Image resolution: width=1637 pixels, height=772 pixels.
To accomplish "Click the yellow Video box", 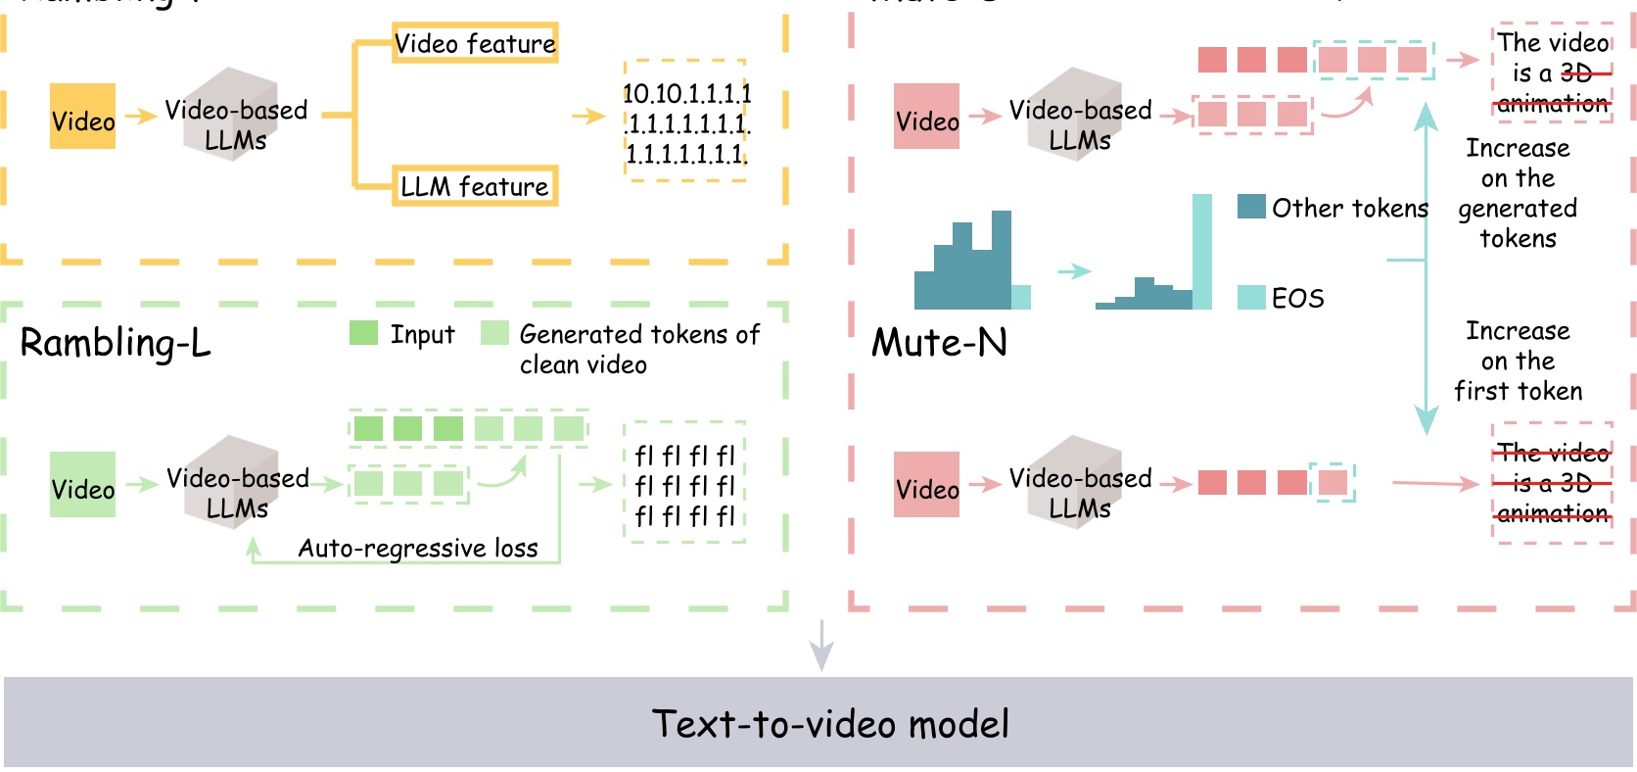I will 82,117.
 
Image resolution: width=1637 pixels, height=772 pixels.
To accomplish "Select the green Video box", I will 82,485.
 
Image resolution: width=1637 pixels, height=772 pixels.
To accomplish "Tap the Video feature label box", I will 475,43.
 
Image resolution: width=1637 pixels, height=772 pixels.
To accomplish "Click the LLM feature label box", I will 475,186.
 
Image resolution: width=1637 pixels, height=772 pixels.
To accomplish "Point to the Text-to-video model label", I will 830,724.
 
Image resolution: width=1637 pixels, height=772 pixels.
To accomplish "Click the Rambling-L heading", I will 116,343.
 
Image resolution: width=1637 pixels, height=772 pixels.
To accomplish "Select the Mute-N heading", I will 939,343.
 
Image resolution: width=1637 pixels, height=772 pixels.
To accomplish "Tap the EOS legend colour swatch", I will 1251,298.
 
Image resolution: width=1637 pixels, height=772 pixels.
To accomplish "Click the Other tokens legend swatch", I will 1251,207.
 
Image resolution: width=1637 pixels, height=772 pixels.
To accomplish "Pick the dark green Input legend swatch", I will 363,333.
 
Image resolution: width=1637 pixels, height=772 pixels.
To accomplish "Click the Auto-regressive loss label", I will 418,548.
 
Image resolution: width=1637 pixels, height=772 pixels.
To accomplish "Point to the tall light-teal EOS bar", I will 1202,252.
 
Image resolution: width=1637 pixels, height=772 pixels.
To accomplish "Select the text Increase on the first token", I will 1518,361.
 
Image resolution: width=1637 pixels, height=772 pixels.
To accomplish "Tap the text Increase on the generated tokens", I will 1518,193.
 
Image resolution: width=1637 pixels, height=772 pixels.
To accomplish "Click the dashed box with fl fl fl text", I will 684,483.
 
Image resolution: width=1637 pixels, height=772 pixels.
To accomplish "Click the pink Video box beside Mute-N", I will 926,485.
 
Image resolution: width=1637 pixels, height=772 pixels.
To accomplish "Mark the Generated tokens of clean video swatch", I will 494,333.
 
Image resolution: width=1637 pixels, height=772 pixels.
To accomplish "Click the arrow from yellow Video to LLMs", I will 141,117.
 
